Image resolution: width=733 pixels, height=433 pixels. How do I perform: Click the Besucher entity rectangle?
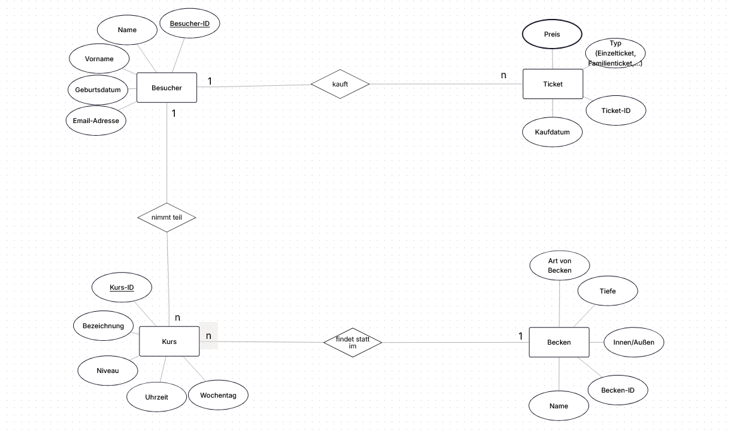coord(167,88)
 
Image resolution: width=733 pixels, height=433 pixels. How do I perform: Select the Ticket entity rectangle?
coord(552,84)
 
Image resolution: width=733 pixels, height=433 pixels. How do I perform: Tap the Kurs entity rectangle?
coord(169,341)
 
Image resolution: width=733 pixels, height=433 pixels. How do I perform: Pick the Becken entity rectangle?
coord(559,342)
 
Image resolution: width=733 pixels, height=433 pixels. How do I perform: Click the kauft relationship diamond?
coord(340,84)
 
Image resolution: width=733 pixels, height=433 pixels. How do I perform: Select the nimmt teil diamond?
coord(167,217)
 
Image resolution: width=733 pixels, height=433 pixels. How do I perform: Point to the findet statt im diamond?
coord(352,342)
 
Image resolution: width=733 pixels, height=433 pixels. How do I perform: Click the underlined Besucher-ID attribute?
coord(189,23)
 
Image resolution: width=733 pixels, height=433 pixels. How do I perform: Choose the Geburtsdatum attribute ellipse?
coord(98,90)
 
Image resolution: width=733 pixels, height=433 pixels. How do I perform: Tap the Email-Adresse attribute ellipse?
coord(96,121)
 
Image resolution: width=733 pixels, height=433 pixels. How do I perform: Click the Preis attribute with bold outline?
coord(552,34)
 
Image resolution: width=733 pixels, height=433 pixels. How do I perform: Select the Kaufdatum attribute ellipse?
coord(552,132)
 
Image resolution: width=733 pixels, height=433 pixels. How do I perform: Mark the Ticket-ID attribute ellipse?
coord(616,110)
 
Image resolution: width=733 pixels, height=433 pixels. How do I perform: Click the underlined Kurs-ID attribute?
coord(122,287)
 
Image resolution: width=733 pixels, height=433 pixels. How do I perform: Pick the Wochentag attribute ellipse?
coord(218,395)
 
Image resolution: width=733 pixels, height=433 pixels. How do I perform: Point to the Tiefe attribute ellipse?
coord(608,291)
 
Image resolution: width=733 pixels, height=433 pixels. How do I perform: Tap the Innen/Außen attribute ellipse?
coord(634,342)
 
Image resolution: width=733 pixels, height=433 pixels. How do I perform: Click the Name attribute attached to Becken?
coord(559,406)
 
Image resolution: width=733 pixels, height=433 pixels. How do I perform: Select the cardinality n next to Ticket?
coord(503,75)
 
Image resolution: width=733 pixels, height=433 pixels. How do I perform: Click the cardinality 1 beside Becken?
coord(520,336)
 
